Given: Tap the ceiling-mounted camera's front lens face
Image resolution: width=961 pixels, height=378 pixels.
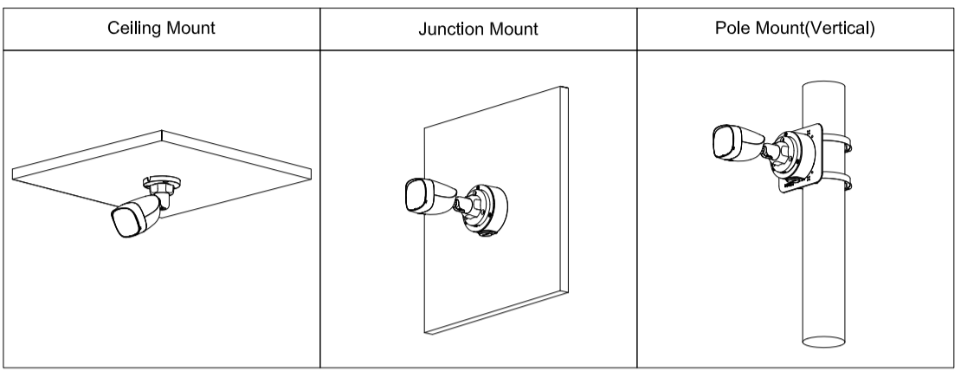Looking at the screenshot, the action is point(125,222).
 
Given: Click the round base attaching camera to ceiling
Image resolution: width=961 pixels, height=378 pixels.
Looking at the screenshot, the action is point(162,182).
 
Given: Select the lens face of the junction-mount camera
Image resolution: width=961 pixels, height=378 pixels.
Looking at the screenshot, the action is point(416,196).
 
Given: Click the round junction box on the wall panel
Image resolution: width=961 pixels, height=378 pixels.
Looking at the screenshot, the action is point(486,211).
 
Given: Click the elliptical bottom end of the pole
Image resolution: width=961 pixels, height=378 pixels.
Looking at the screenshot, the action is point(823,342).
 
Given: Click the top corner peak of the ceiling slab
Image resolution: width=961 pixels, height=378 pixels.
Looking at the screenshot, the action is point(162,131).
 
